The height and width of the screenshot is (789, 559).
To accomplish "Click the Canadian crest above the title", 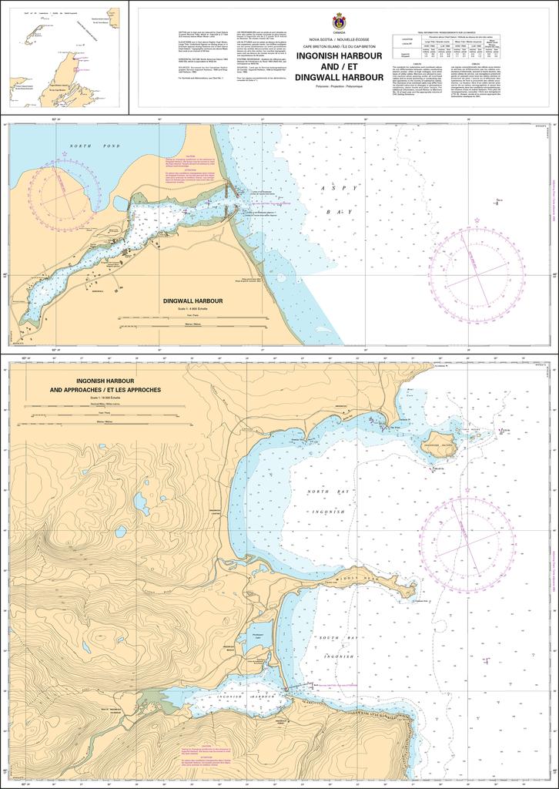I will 338,22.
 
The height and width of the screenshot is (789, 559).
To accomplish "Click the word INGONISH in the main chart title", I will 338,55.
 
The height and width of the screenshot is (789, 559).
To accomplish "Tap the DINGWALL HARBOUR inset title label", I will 192,301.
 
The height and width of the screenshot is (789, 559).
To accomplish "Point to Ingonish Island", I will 437,445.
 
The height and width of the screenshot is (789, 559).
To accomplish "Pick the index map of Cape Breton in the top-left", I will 65,58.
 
